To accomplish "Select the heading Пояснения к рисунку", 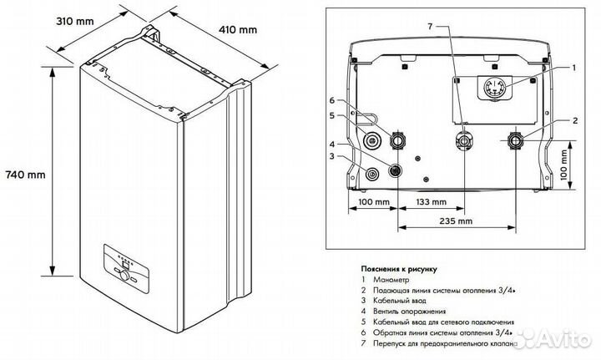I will pyautogui.click(x=398, y=268).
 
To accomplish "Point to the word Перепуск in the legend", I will pyautogui.click(x=397, y=343).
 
